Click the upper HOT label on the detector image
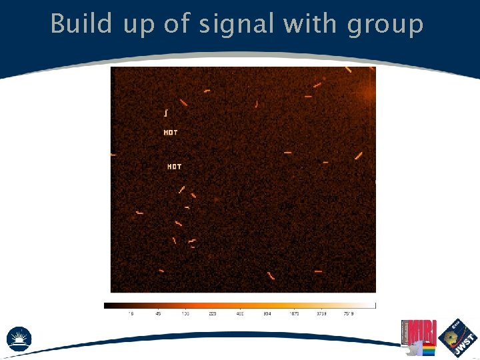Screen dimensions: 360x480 click(171, 133)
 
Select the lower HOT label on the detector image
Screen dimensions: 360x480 click(174, 167)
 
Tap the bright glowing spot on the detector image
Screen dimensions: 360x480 click(369, 94)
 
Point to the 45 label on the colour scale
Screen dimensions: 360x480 click(158, 313)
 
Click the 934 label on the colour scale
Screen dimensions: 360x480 click(267, 313)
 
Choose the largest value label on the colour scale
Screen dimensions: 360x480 click(349, 313)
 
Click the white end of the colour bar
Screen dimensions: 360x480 click(373, 306)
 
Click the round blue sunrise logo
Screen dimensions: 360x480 click(19, 338)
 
